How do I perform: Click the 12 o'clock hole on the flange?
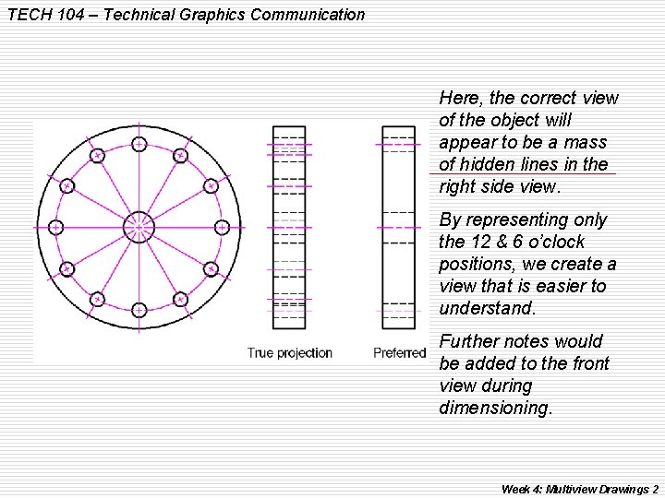point(139,144)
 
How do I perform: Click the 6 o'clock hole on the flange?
point(139,309)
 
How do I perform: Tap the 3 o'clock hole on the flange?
point(222,227)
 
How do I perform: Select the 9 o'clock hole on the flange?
point(55,227)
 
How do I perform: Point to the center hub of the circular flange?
point(139,226)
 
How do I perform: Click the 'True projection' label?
point(290,353)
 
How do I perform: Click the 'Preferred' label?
point(400,353)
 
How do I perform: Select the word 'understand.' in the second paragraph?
point(488,308)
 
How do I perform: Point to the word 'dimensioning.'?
point(496,408)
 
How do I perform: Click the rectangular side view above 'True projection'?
point(289,227)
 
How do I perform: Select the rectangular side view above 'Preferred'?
point(399,227)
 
